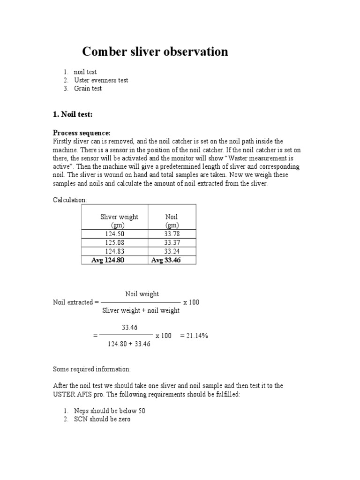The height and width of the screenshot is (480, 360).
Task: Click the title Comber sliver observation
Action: click(x=155, y=52)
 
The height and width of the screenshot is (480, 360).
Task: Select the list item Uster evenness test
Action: click(x=101, y=80)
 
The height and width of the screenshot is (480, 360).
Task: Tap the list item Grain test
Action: click(x=88, y=88)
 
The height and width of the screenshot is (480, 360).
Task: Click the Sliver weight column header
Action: click(x=119, y=221)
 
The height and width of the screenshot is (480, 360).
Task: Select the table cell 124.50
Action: click(x=114, y=234)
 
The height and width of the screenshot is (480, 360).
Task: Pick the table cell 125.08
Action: click(x=114, y=243)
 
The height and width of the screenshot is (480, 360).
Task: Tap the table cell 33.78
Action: click(x=172, y=234)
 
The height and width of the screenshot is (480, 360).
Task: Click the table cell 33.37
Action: click(x=172, y=243)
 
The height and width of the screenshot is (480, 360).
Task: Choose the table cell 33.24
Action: click(x=172, y=252)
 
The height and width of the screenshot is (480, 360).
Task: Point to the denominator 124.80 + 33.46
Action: click(x=128, y=344)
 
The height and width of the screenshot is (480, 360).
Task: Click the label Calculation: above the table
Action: click(x=69, y=200)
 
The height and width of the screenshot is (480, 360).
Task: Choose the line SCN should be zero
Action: click(x=102, y=419)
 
